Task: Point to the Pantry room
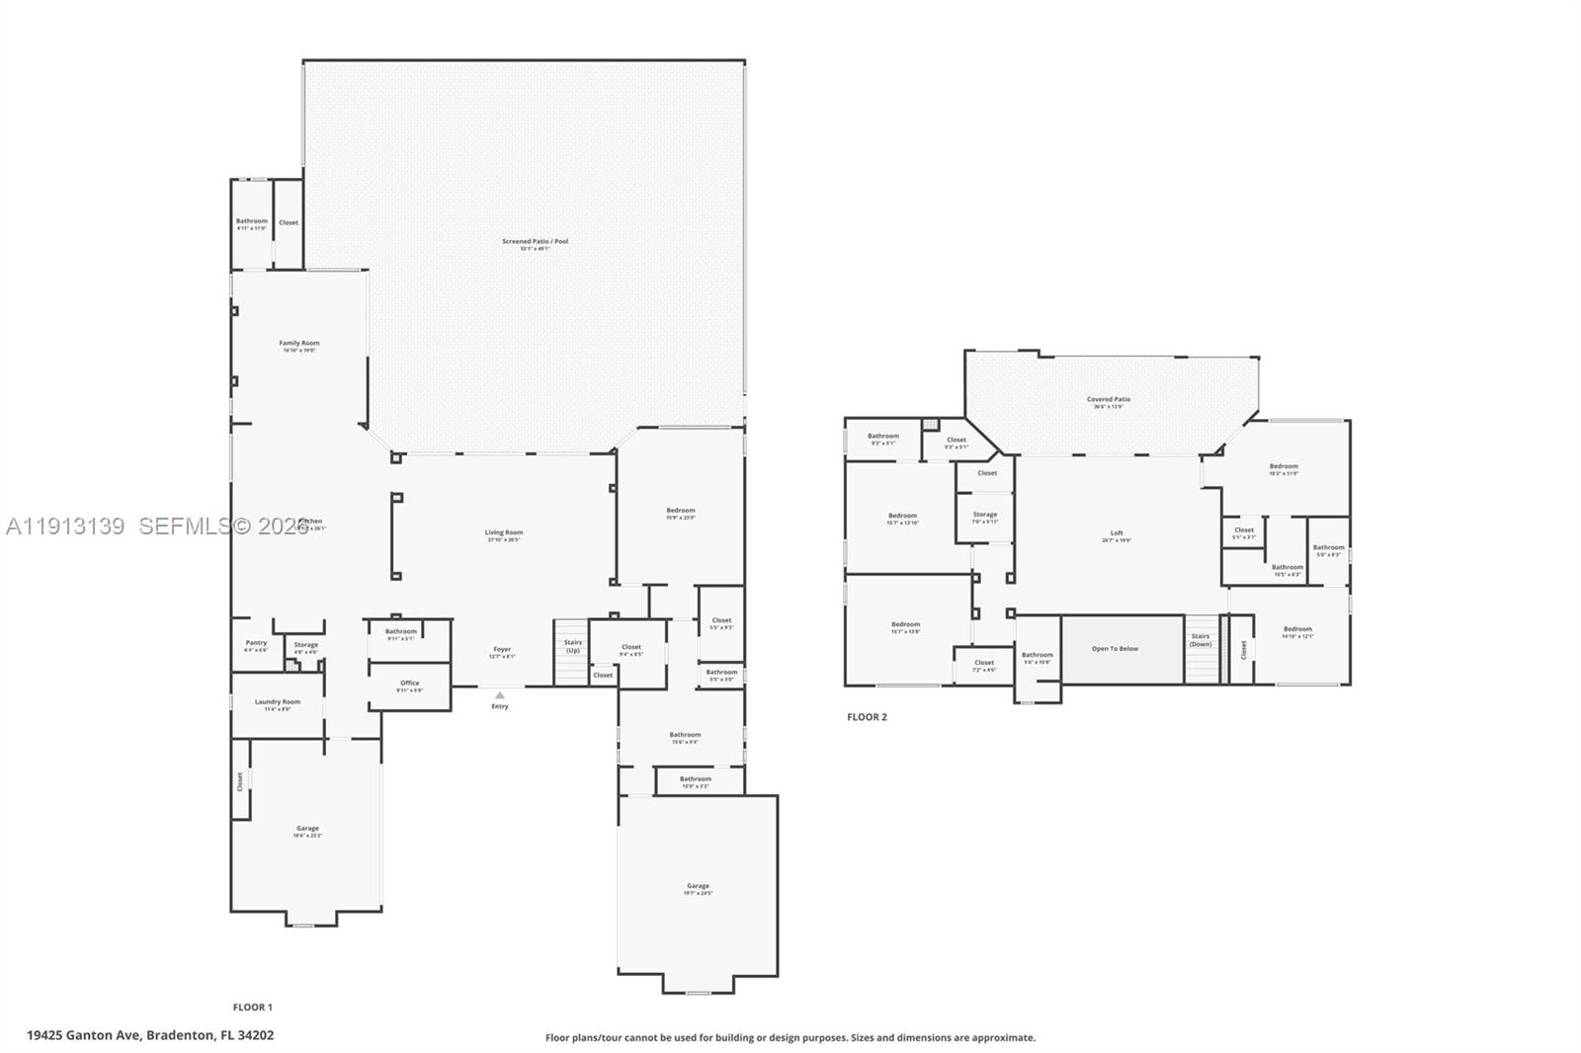pyautogui.click(x=256, y=645)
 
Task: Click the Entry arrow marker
pyautogui.click(x=500, y=695)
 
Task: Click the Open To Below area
pyautogui.click(x=1115, y=649)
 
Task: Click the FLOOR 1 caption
pyautogui.click(x=252, y=1007)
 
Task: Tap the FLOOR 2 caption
pyautogui.click(x=867, y=716)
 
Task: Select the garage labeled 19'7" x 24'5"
pyautogui.click(x=698, y=888)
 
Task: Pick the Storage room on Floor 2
pyautogui.click(x=984, y=517)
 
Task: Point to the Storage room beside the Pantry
pyautogui.click(x=305, y=647)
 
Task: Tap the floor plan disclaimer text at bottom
pyautogui.click(x=790, y=1037)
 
